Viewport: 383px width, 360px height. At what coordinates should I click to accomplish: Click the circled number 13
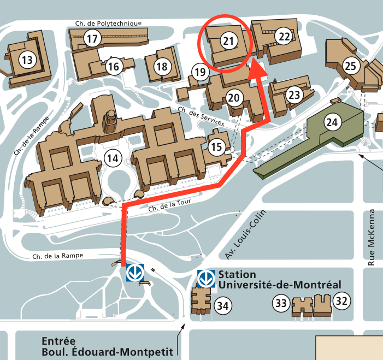click(26, 59)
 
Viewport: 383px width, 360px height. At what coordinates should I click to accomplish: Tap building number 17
click(92, 39)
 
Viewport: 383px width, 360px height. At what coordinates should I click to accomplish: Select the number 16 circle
click(113, 67)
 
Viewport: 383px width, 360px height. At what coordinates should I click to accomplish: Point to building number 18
click(162, 67)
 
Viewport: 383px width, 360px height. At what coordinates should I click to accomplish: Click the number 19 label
click(201, 72)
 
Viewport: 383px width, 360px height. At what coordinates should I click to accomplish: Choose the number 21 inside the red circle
click(228, 40)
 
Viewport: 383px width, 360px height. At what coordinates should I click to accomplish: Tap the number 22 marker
click(285, 37)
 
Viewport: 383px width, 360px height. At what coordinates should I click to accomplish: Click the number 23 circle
click(294, 95)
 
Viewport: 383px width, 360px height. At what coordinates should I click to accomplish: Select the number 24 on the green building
click(332, 122)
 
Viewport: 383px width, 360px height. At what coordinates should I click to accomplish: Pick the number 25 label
click(350, 67)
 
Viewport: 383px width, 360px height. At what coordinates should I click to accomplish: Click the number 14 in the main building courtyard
click(113, 158)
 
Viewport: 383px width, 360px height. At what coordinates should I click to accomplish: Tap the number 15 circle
click(216, 146)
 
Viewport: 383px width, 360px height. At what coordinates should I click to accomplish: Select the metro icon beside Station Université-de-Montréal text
click(206, 278)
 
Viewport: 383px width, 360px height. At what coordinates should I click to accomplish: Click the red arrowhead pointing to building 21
click(257, 69)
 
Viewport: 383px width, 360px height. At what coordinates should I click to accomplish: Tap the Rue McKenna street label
click(372, 238)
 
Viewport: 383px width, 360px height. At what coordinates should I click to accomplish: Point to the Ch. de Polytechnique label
click(107, 23)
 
